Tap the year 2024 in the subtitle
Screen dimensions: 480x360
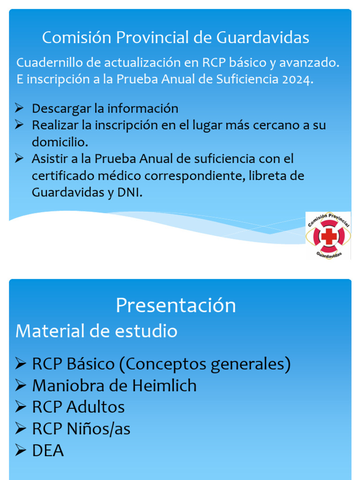pyautogui.click(x=296, y=79)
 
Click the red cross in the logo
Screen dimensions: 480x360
pyautogui.click(x=329, y=236)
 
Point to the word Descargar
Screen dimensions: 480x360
pyautogui.click(x=61, y=109)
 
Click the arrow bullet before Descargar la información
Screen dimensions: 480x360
pyautogui.click(x=19, y=108)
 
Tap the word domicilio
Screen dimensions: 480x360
pyautogui.click(x=60, y=142)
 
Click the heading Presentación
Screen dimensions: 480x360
pyautogui.click(x=176, y=306)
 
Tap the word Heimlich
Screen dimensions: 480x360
pyautogui.click(x=164, y=386)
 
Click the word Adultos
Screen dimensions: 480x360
pyautogui.click(x=96, y=407)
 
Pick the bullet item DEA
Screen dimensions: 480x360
pyautogui.click(x=48, y=451)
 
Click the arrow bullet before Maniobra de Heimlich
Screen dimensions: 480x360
pyautogui.click(x=20, y=386)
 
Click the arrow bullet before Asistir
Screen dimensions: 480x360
pyautogui.click(x=19, y=158)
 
